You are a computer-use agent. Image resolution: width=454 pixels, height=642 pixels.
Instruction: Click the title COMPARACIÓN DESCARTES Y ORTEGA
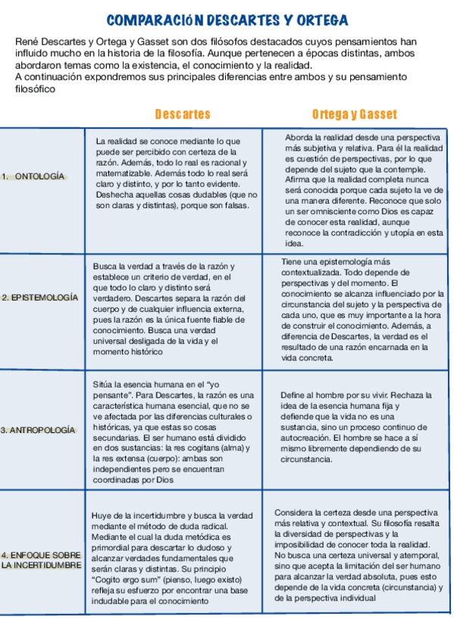pos(227,20)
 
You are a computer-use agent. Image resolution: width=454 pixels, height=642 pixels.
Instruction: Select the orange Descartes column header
pos(183,114)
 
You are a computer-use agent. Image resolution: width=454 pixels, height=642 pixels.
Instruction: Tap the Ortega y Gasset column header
pos(354,114)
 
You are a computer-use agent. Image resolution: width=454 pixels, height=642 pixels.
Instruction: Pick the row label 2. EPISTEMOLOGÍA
pos(39,298)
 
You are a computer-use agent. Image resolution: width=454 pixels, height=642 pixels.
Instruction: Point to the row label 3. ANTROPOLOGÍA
pos(39,430)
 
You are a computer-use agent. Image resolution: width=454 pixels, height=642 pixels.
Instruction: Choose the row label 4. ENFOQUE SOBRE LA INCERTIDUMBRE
pos(42,559)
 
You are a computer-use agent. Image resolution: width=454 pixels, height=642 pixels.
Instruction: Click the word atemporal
pos(416,555)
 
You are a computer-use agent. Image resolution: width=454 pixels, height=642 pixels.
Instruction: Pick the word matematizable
pos(124,173)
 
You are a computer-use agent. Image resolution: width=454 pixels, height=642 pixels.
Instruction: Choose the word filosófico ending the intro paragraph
pos(36,89)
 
